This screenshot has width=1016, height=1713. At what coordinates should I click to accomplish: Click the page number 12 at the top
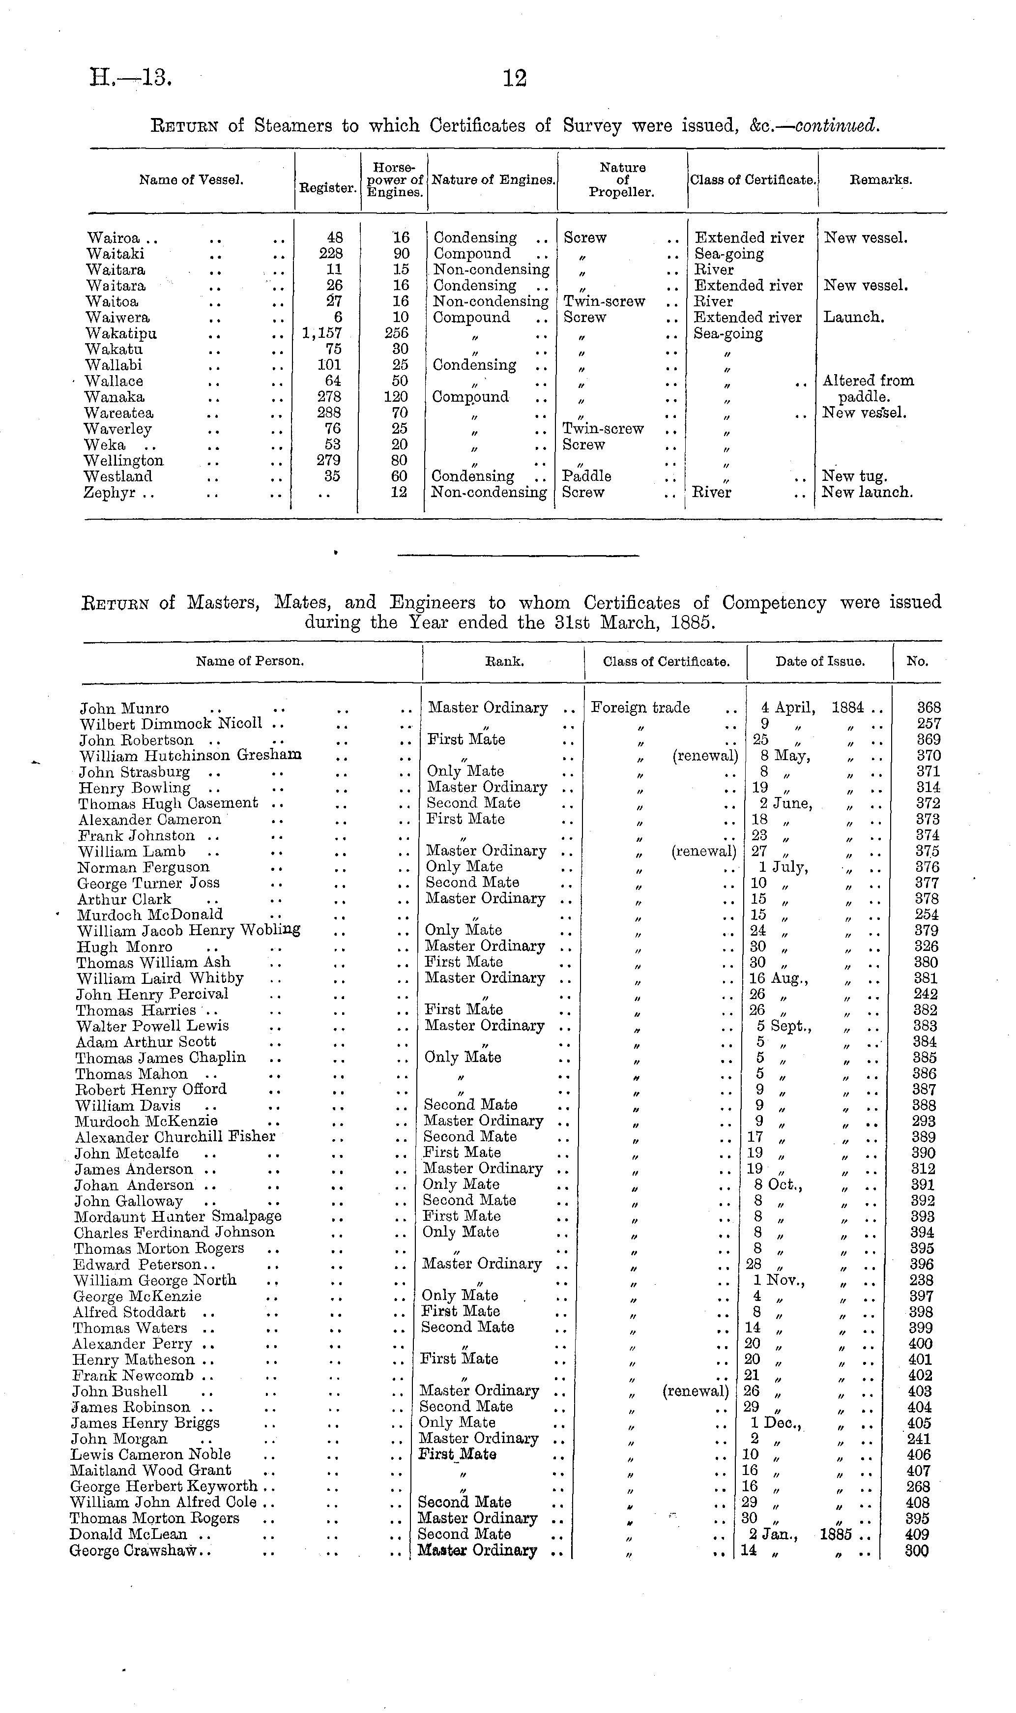pos(515,79)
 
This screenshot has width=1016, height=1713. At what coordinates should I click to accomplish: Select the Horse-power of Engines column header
pos(394,180)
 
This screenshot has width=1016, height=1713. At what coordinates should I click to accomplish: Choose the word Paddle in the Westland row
pos(586,476)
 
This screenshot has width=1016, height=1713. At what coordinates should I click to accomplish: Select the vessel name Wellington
pos(123,461)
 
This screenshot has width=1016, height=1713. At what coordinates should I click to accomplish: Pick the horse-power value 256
pos(396,333)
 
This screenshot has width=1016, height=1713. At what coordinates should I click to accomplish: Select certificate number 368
pos(929,708)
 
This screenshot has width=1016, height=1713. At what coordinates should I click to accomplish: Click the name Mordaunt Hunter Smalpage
pos(177,1216)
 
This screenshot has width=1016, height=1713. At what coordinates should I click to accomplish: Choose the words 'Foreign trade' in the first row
pos(640,708)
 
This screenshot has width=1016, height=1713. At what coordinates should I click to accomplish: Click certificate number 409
pos(917,1535)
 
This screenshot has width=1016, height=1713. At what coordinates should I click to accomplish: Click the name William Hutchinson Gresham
pos(190,756)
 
